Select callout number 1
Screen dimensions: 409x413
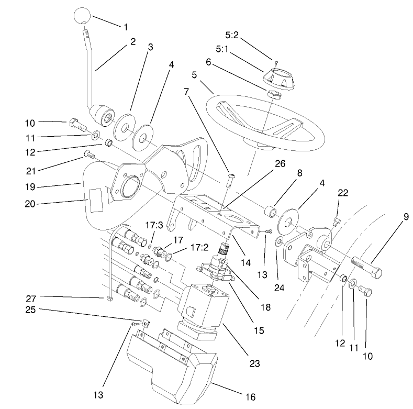(125, 26)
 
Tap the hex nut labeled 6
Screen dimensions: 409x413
(273, 95)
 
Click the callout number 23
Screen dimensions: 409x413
(254, 362)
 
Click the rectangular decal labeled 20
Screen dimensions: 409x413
(95, 202)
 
